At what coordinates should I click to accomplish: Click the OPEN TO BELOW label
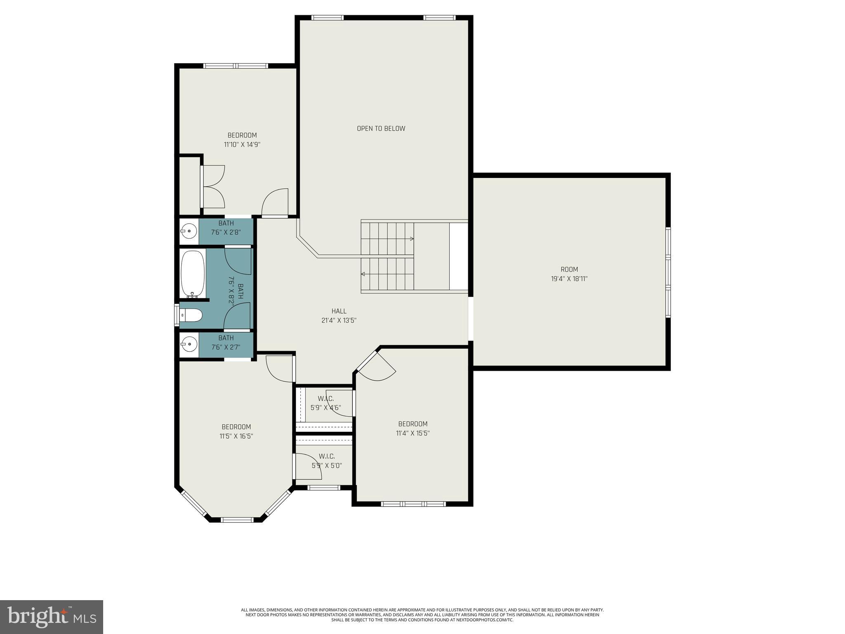coord(381,128)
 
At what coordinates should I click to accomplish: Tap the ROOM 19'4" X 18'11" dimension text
coord(569,279)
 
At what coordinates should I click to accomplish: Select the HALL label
coord(339,311)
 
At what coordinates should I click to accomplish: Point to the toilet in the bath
coord(192,316)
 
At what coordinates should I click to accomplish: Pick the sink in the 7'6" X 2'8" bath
coord(189,231)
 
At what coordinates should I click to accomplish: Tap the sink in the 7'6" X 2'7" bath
coord(189,343)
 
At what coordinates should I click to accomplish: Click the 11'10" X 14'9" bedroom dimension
coord(242,144)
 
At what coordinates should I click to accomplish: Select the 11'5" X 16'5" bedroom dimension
coord(236,436)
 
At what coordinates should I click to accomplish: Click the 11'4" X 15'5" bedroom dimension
coord(413,433)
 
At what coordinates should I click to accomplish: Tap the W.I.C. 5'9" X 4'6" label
coord(326,403)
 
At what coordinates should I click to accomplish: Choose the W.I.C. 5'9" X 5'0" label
coord(326,461)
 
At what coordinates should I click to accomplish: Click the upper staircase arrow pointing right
coord(411,239)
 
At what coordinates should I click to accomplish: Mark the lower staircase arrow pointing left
coord(363,274)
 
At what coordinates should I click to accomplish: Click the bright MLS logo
coord(52,617)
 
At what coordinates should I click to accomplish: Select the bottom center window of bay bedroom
coord(237,520)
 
